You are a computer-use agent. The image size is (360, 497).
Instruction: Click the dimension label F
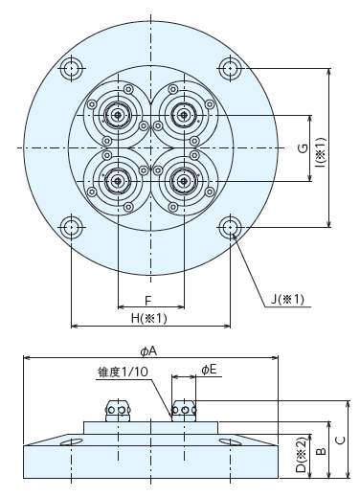pyautogui.click(x=147, y=301)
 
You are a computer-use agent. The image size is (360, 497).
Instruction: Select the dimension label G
pyautogui.click(x=304, y=148)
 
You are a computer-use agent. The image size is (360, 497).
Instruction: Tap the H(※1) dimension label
pyautogui.click(x=149, y=318)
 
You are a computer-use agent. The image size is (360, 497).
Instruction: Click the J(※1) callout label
pyautogui.click(x=287, y=299)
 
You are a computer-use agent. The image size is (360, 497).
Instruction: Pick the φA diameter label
pyautogui.click(x=148, y=351)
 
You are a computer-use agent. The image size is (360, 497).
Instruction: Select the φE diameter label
pyautogui.click(x=209, y=370)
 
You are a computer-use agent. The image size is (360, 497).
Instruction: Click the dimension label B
pyautogui.click(x=321, y=451)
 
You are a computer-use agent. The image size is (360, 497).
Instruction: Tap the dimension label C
pyautogui.click(x=341, y=440)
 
